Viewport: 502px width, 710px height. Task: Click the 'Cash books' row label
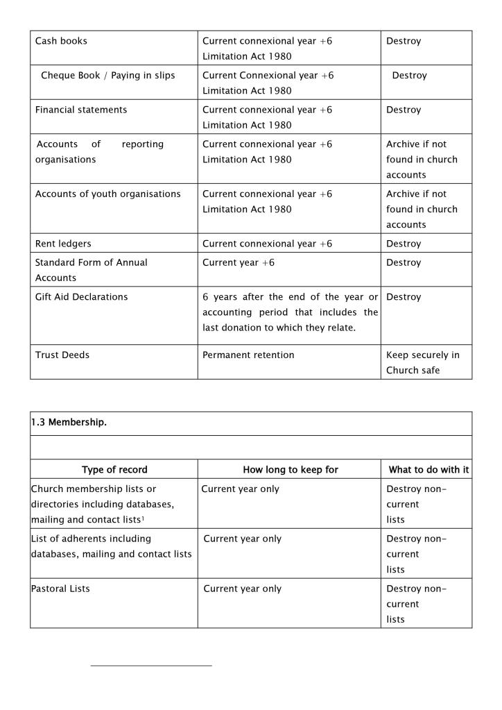[x=62, y=41]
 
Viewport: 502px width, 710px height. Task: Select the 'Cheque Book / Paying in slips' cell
[x=108, y=76]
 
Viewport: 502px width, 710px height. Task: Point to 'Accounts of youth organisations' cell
[x=107, y=194]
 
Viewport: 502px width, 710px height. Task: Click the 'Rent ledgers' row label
[x=63, y=244]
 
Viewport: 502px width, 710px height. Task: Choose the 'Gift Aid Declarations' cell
[x=82, y=297]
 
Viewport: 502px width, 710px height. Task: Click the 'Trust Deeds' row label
[x=62, y=355]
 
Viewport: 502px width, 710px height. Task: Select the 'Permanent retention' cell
[x=248, y=355]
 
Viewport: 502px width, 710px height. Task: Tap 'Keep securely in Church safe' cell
[x=423, y=362]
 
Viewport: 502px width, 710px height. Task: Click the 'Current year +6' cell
[x=239, y=262]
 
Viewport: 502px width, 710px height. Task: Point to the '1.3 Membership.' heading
[x=69, y=423]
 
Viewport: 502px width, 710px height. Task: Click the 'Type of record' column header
[x=114, y=470]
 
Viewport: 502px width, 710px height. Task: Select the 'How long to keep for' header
[x=291, y=470]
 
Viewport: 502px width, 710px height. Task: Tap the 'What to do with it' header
[x=429, y=470]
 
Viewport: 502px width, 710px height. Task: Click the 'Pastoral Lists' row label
[x=60, y=589]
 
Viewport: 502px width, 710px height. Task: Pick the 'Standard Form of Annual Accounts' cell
[x=92, y=270]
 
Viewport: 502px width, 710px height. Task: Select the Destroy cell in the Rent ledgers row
[x=404, y=244]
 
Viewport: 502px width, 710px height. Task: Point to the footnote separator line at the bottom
[x=151, y=666]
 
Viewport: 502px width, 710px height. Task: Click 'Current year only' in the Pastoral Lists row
[x=243, y=589]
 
